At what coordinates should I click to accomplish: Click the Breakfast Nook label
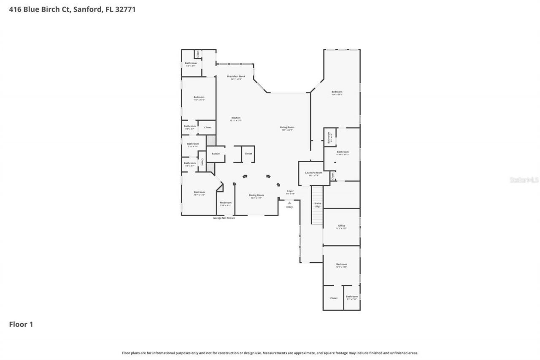click(x=236, y=76)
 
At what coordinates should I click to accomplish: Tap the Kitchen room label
click(x=236, y=118)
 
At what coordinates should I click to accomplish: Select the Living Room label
click(x=287, y=127)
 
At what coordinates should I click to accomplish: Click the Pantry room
click(x=216, y=154)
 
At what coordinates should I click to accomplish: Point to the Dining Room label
click(x=256, y=195)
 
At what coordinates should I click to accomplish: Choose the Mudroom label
click(x=226, y=203)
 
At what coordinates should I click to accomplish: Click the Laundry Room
click(x=313, y=173)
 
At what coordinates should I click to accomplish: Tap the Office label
click(x=341, y=226)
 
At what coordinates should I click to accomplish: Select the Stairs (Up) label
click(x=317, y=205)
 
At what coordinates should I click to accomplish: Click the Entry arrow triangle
click(x=289, y=203)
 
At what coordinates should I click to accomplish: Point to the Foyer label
click(x=290, y=191)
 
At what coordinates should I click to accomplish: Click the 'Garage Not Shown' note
click(x=224, y=218)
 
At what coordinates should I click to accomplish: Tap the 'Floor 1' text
click(x=21, y=324)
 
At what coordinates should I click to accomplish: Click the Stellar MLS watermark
click(x=524, y=180)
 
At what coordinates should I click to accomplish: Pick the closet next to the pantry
click(x=248, y=154)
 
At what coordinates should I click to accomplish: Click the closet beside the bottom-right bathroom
click(x=334, y=298)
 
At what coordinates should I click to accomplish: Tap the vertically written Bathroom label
click(x=329, y=137)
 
